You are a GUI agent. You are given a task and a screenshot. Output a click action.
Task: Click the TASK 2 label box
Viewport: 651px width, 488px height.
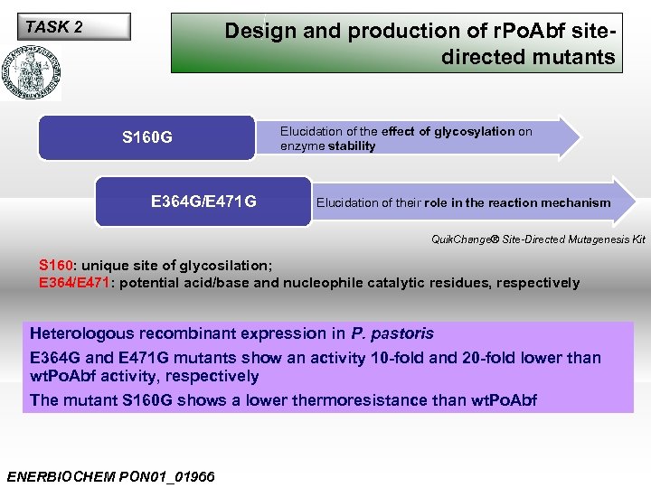coord(77,27)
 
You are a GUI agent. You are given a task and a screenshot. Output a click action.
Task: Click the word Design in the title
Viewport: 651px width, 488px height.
coord(259,31)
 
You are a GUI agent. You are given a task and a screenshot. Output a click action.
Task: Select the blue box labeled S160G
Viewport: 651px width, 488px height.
coord(147,138)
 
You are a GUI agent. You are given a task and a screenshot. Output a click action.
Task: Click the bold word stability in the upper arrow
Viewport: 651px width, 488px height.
coord(352,145)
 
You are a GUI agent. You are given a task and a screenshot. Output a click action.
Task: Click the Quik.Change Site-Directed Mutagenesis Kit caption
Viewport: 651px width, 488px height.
coord(537,239)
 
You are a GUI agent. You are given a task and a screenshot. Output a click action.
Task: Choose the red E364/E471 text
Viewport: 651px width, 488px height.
coord(72,283)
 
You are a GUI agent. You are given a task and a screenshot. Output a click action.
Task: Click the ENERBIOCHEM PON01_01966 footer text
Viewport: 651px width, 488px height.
coord(110,476)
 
